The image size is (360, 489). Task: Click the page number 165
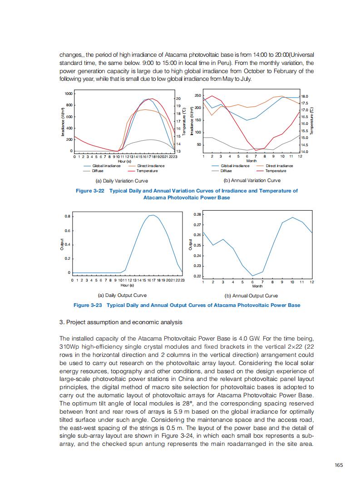tap(338, 464)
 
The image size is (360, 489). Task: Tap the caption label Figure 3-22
tap(90, 191)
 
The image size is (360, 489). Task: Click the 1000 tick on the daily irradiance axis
tap(69, 94)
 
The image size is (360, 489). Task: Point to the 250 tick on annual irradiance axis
tap(197, 95)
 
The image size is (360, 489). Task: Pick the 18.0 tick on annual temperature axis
tap(305, 96)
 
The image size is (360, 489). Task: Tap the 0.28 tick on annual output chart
tap(197, 214)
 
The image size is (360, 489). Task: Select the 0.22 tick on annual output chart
tap(197, 277)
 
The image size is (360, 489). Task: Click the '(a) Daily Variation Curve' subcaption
tap(120, 181)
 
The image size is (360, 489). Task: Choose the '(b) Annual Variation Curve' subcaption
tap(251, 181)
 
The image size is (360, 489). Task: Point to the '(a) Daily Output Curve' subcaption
tap(119, 296)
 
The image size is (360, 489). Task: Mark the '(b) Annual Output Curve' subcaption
tap(251, 296)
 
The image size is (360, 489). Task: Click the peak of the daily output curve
tap(153, 215)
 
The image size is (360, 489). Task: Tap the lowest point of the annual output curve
tap(252, 276)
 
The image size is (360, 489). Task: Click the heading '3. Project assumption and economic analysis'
tap(121, 322)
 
